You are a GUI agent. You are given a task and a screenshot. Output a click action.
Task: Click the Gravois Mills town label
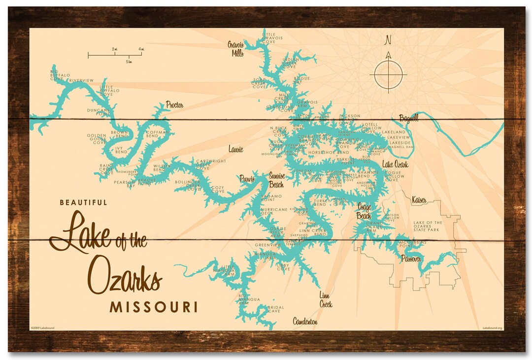point(235,49)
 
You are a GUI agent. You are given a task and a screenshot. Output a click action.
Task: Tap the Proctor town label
point(174,105)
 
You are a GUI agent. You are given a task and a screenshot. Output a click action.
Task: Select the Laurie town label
point(235,149)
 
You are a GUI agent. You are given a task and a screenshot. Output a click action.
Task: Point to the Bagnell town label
point(408,118)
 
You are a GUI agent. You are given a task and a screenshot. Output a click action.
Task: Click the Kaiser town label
point(419,199)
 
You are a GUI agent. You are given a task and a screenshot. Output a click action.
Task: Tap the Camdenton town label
point(305,322)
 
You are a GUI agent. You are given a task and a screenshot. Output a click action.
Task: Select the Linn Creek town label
point(325,300)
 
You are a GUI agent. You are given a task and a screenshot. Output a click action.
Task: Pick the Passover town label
point(411,259)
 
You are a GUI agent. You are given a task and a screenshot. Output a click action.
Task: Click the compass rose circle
point(388,75)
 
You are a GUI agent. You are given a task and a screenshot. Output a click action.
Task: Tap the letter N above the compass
point(388,40)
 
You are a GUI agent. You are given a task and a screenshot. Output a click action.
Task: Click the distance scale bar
point(115,54)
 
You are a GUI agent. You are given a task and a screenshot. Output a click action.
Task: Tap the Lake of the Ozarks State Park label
point(428,226)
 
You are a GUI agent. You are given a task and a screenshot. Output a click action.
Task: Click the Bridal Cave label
point(275,309)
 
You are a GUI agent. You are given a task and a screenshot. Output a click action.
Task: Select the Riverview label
point(81,80)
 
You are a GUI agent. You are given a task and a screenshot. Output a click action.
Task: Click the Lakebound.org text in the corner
point(492,327)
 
